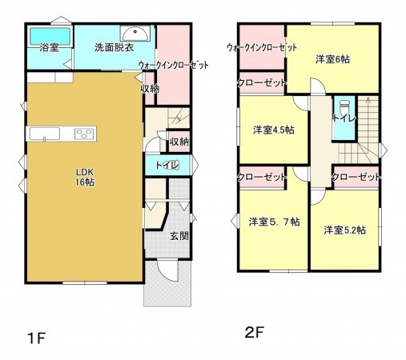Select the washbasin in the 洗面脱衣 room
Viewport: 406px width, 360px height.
pyautogui.click(x=136, y=34)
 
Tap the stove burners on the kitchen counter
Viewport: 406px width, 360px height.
pyautogui.click(x=84, y=132)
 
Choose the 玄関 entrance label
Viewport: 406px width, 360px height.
pyautogui.click(x=179, y=236)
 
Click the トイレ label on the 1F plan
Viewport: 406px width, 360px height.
pyautogui.click(x=166, y=166)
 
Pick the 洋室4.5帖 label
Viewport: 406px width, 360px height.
pyautogui.click(x=273, y=130)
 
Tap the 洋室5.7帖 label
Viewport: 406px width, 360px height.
pyautogui.click(x=273, y=222)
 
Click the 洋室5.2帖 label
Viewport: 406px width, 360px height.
pyautogui.click(x=345, y=230)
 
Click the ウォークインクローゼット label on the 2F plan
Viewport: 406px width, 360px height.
pyautogui.click(x=262, y=48)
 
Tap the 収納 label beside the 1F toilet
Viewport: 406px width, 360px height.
pyautogui.click(x=179, y=142)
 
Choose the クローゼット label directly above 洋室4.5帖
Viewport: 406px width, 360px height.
pyautogui.click(x=262, y=82)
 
